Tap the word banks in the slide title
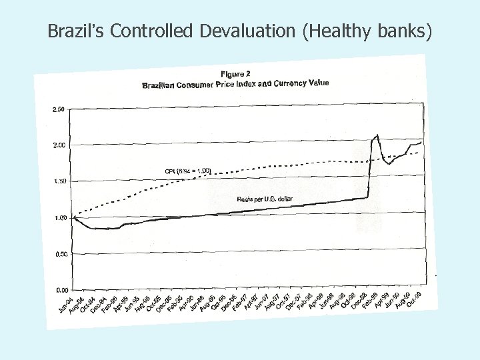[406, 30]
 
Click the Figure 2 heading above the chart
[236, 73]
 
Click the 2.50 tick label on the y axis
[57, 109]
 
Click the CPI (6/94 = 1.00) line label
[188, 171]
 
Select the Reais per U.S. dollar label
[265, 199]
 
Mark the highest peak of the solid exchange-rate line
[377, 135]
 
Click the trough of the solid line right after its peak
[389, 164]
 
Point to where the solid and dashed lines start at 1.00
[74, 217]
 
